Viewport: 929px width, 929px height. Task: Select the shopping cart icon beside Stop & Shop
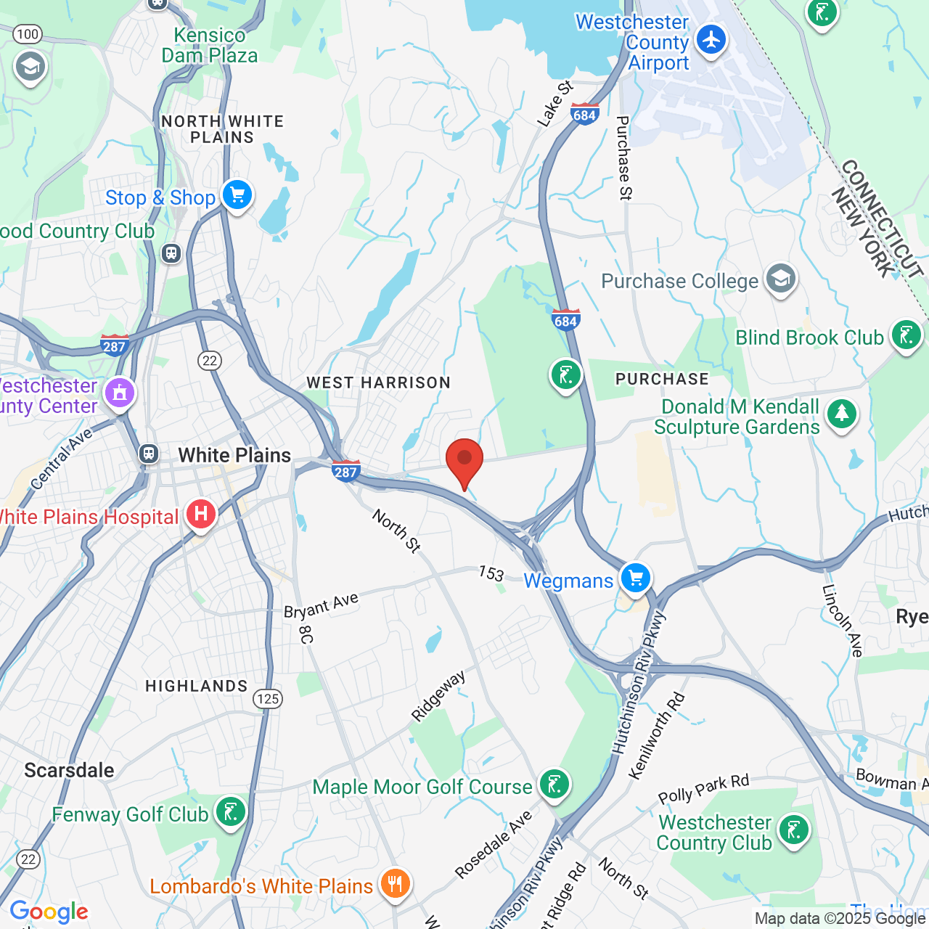coord(237,195)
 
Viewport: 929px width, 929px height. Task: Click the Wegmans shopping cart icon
coord(636,578)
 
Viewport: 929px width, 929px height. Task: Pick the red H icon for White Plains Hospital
coord(201,515)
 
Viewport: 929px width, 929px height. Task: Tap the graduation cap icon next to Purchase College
coord(781,279)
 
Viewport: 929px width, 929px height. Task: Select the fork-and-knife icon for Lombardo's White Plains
coord(395,884)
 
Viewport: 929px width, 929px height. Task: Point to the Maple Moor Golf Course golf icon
coord(555,785)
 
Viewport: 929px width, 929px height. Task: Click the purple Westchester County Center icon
coord(120,393)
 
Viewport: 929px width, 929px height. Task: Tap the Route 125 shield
coord(268,698)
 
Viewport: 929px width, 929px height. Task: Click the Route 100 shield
coord(28,33)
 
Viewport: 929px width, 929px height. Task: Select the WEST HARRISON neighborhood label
coord(378,382)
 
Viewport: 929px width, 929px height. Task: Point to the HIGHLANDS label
coord(197,686)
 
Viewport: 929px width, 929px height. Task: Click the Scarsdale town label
coord(69,770)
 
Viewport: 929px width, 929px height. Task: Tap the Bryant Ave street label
coord(322,605)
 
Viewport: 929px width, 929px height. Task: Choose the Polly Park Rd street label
coord(703,789)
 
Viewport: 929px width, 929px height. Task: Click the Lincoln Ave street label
coord(842,621)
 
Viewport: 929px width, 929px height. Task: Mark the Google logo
coord(49,912)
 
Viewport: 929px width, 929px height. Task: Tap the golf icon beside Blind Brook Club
coord(907,335)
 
